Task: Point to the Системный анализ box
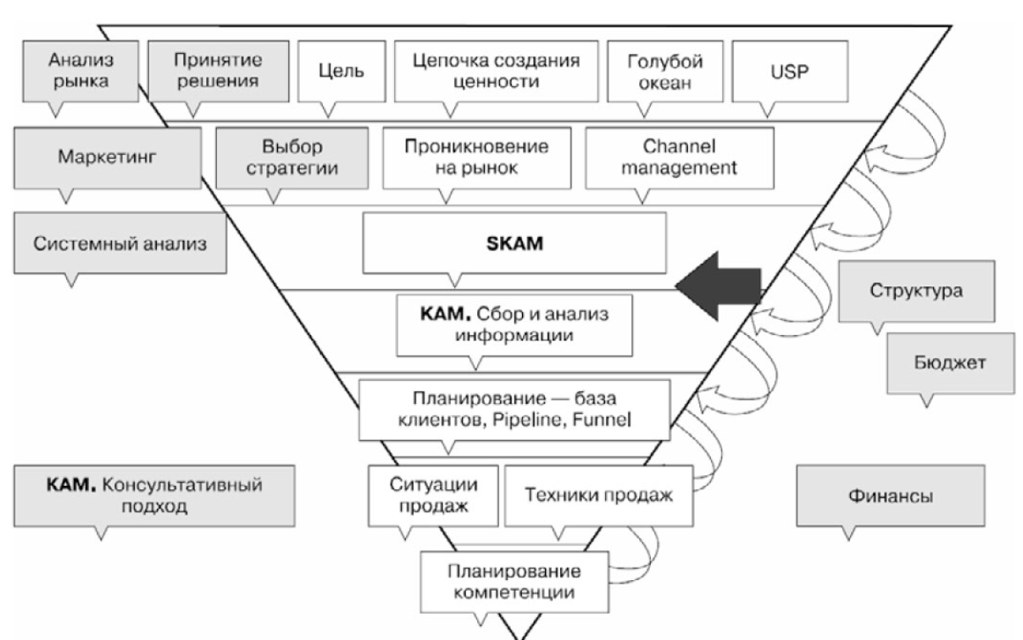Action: click(121, 243)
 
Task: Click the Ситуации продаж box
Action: click(431, 495)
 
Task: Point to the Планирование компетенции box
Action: click(515, 581)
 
